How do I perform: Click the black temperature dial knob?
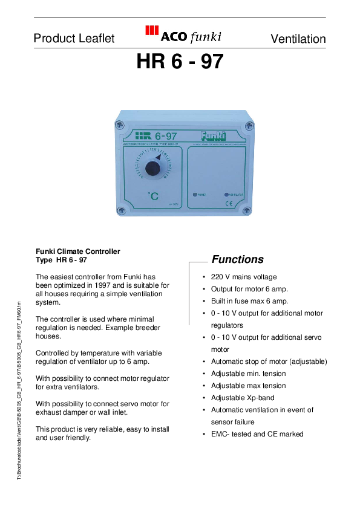[x=154, y=168]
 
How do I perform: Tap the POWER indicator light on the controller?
[x=195, y=195]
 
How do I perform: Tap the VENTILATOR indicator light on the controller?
[x=226, y=195]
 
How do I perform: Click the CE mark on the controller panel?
[x=229, y=204]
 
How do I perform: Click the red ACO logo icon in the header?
[x=152, y=33]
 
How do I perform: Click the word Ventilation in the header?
[x=298, y=39]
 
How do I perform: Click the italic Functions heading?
[x=237, y=259]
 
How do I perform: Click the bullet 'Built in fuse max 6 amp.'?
[x=249, y=301]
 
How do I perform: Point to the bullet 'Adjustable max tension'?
[x=248, y=386]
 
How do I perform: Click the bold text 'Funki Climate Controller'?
[x=78, y=251]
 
